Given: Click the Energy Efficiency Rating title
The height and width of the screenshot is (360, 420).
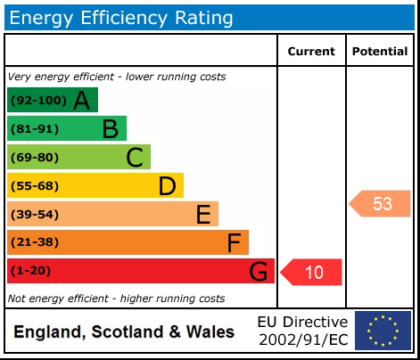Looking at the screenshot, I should click(121, 18).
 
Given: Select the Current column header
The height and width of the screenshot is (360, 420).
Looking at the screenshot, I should click(311, 52).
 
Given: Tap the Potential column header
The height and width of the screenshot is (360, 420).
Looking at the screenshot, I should click(380, 52).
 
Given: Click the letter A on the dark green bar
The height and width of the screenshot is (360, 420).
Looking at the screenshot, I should click(81, 101).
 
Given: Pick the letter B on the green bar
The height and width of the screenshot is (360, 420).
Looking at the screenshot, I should click(110, 129).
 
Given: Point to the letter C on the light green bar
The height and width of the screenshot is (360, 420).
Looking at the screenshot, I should click(135, 158).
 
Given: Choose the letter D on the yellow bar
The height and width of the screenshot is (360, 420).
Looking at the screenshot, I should click(167, 186).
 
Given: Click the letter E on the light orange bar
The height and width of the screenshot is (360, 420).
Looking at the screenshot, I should click(202, 215).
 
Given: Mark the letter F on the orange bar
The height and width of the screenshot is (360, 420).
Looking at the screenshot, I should click(234, 243).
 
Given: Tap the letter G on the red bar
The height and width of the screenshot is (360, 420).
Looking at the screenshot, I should click(258, 272).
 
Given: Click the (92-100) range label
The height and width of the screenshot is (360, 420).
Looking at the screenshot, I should click(37, 101).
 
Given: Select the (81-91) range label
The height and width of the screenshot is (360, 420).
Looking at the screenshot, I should click(35, 129).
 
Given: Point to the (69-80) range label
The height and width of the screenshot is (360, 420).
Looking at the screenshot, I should click(35, 158).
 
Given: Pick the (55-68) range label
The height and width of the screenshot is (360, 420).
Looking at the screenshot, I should click(35, 186).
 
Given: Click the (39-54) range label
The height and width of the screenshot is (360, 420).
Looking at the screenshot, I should click(35, 215).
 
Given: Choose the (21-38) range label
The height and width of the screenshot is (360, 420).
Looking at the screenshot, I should click(35, 243).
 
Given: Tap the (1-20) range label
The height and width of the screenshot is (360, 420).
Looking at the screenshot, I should click(31, 272).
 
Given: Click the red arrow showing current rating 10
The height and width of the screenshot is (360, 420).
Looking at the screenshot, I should click(312, 272).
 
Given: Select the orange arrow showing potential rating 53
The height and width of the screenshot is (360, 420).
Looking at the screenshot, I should click(380, 204).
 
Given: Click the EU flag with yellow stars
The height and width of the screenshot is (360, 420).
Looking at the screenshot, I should click(383, 331).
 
